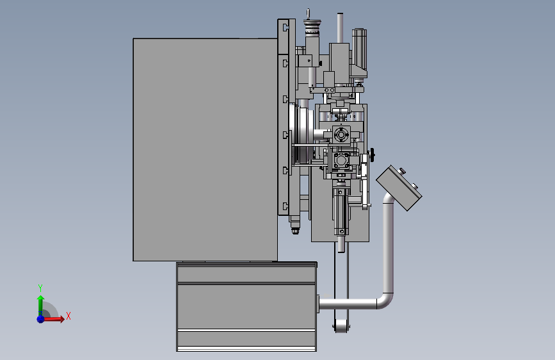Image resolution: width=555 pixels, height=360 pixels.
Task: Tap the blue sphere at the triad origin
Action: pos(41,319)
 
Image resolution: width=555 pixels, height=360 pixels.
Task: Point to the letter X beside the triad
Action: pos(68,316)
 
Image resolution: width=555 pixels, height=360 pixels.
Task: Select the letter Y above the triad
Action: pos(40,288)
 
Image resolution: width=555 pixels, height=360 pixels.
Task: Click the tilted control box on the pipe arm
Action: pos(399,188)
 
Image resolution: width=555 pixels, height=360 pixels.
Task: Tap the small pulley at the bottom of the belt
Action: pos(341,326)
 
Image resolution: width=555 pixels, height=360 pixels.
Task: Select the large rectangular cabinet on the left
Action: pos(205,149)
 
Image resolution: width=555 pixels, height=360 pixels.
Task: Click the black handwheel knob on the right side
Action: pos(372,154)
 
